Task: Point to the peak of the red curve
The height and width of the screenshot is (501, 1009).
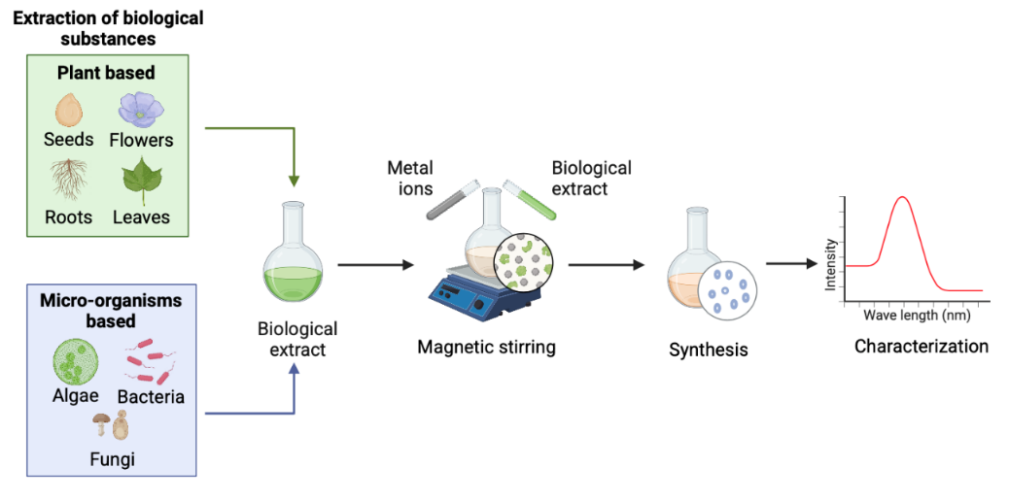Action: pyautogui.click(x=902, y=197)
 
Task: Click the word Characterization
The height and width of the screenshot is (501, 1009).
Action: pyautogui.click(x=921, y=346)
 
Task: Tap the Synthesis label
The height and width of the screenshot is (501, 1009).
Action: pyautogui.click(x=709, y=349)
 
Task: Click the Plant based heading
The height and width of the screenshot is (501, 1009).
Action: pyautogui.click(x=106, y=73)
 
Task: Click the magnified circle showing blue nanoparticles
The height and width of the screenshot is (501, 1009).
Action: pyautogui.click(x=728, y=289)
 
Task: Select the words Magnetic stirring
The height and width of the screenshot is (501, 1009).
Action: pyautogui.click(x=486, y=347)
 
